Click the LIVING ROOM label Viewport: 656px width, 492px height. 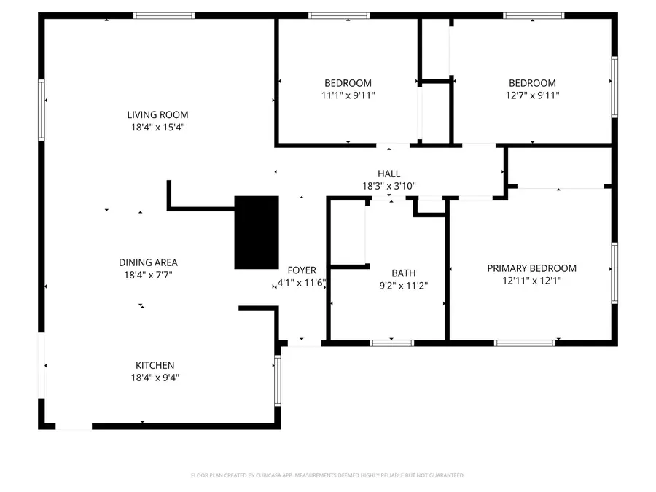tap(157, 114)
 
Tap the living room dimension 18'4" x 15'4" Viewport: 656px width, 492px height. tap(157, 127)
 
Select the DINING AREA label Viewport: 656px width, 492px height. tap(148, 262)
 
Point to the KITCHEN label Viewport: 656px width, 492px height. tap(155, 365)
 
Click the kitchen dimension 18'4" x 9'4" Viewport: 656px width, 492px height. tap(155, 378)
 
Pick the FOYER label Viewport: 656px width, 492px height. tap(302, 270)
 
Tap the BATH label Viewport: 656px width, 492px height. tap(403, 273)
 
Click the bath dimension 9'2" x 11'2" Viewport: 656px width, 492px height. tap(403, 286)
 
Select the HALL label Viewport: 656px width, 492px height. tap(388, 173)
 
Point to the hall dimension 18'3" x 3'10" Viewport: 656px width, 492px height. tap(388, 186)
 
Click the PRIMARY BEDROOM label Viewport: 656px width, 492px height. tap(531, 268)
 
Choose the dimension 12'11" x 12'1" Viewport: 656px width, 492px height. tap(531, 281)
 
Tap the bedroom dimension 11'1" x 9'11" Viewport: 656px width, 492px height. tap(348, 95)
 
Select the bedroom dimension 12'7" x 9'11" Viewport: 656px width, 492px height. tap(532, 95)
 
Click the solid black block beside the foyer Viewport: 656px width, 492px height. tap(256, 232)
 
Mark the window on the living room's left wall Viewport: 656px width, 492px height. tap(42, 110)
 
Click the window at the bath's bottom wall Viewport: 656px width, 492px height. tap(392, 343)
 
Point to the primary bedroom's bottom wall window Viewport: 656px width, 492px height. tap(525, 343)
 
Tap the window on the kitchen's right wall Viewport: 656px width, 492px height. tap(277, 380)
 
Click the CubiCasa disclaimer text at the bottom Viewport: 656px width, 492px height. tap(327, 475)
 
